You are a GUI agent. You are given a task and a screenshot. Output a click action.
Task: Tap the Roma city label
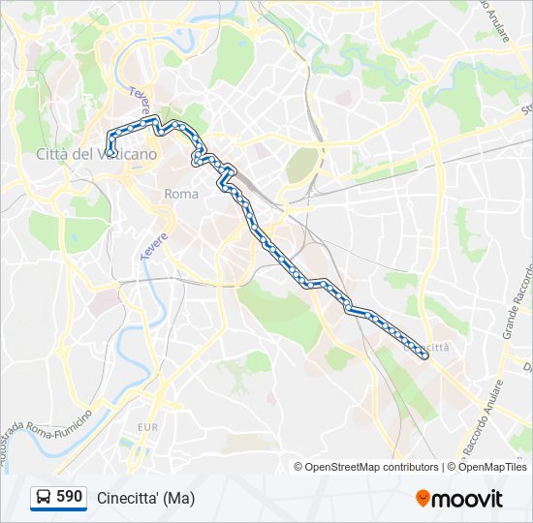tap(181, 194)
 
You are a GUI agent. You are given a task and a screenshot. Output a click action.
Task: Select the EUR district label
tap(147, 426)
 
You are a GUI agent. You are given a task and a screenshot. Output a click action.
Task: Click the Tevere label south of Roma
tap(156, 241)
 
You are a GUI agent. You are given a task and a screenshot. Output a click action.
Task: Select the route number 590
tap(69, 497)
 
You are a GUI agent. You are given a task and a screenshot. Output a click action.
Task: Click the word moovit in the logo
tap(468, 499)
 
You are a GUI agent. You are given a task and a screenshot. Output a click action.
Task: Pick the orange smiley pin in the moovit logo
tap(423, 498)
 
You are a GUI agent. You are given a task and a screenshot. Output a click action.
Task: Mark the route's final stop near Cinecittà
tap(424, 356)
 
